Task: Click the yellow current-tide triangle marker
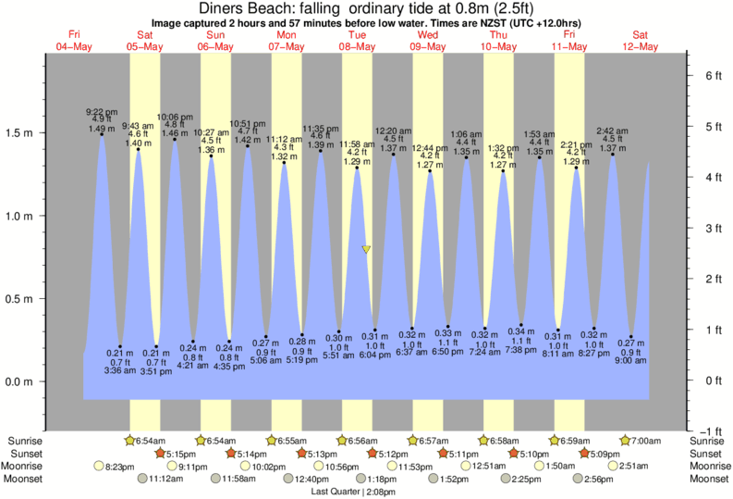(367, 249)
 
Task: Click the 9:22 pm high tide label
(101, 111)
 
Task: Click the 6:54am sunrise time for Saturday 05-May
(153, 440)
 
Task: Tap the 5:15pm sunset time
(183, 454)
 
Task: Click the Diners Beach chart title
(366, 8)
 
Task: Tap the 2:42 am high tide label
(612, 131)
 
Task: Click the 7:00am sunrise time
(649, 440)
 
